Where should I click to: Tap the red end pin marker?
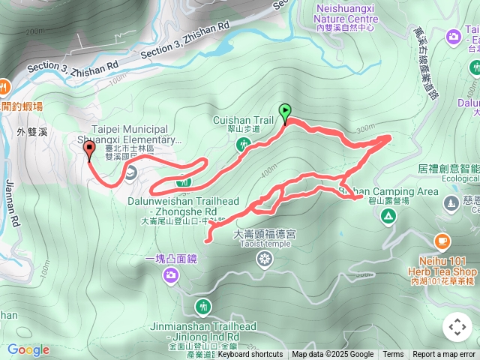coord(90,151)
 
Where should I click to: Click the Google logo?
coord(28,349)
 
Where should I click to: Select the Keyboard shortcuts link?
coord(250,355)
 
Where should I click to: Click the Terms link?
coord(393,355)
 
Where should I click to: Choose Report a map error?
coord(444,355)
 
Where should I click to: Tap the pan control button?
coord(457,327)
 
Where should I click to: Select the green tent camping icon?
coord(388,217)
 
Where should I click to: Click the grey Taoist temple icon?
coord(265,259)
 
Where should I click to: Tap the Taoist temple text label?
coord(265,244)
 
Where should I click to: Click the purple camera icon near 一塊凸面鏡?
coord(172,277)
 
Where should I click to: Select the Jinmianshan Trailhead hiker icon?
coord(202,307)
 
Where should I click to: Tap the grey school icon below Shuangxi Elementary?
coord(130,175)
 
